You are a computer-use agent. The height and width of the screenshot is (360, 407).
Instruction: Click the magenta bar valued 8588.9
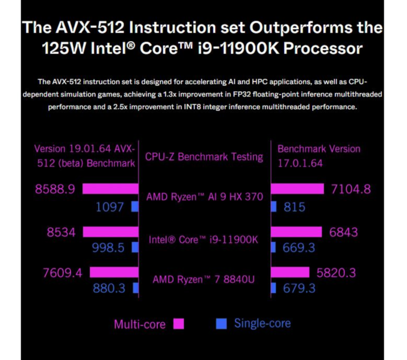click(110, 189)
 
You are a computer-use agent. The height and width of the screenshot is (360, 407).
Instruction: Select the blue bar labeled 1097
click(136, 207)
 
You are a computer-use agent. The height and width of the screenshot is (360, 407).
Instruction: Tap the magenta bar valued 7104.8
click(297, 189)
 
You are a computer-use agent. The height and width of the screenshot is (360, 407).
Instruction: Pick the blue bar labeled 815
click(274, 207)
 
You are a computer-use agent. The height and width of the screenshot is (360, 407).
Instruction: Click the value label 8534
click(61, 232)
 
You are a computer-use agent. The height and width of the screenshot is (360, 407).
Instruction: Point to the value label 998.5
click(108, 248)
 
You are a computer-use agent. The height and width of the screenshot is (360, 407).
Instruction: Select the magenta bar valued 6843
click(296, 232)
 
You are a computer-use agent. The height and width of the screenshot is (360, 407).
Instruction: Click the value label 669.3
click(299, 248)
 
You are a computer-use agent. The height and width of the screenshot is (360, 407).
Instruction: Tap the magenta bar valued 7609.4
click(114, 272)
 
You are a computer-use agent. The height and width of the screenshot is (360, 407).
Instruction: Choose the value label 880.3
click(109, 288)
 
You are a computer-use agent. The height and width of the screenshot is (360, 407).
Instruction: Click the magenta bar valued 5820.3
click(290, 272)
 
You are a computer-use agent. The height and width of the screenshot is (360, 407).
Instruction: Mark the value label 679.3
click(299, 288)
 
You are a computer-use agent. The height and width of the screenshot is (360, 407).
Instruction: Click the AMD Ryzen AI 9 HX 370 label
click(205, 197)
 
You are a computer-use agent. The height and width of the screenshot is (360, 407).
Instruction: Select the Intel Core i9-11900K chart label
click(203, 239)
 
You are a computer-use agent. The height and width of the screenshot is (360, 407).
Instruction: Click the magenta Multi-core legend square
click(179, 324)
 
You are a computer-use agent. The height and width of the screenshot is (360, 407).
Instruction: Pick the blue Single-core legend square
click(221, 324)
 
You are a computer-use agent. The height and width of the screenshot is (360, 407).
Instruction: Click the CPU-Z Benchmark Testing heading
click(204, 157)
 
